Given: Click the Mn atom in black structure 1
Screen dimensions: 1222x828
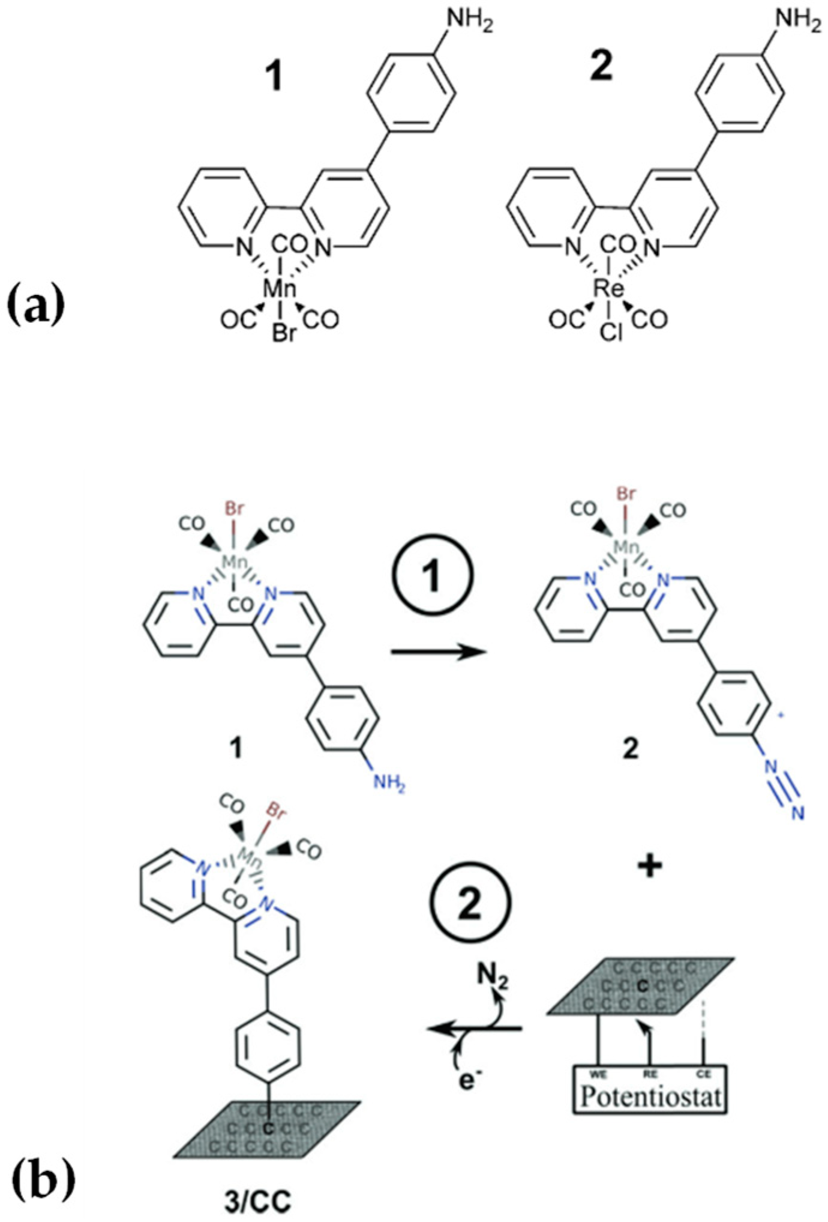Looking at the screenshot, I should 281,289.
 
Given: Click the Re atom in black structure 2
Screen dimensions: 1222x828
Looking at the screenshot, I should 609,289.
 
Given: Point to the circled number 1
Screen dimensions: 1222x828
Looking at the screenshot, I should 433,573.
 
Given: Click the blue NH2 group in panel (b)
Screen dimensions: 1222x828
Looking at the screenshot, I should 389,783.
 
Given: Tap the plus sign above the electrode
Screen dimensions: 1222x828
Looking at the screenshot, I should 651,867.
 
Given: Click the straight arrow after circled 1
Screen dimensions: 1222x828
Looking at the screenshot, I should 437,652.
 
